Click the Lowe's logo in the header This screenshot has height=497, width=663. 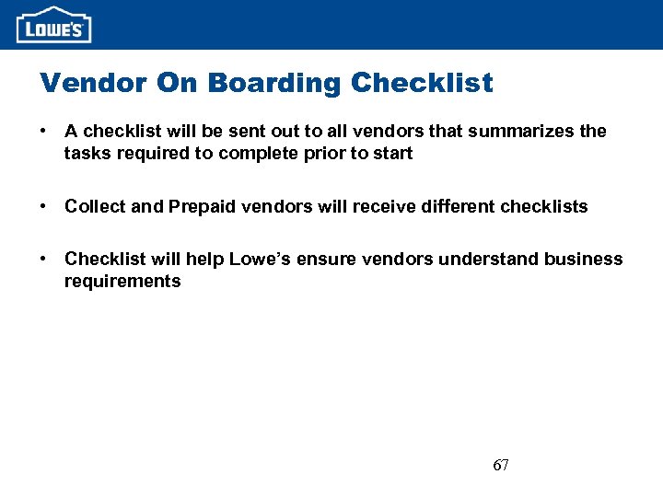[x=54, y=25]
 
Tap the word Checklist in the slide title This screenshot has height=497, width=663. [x=422, y=83]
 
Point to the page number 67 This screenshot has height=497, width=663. [x=501, y=466]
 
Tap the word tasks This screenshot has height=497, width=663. [x=86, y=154]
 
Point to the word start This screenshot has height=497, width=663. [x=393, y=154]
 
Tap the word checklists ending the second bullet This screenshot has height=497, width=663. [x=543, y=206]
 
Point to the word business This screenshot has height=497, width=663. [x=584, y=260]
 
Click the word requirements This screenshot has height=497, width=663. [x=122, y=282]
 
